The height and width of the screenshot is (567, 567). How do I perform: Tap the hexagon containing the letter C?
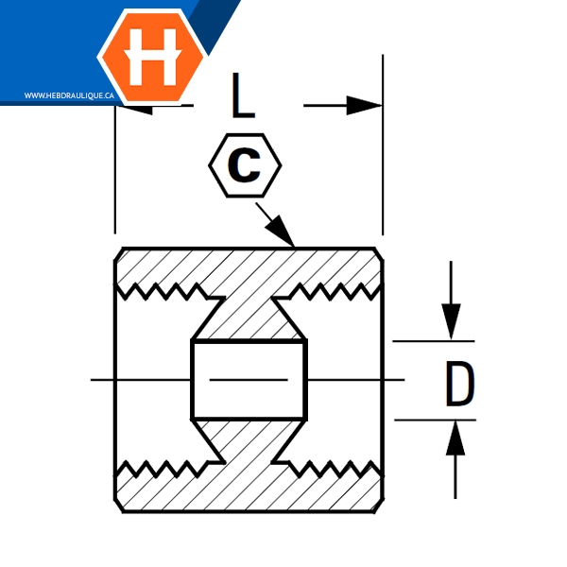(x=245, y=166)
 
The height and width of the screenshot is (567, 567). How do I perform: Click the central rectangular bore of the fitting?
(x=249, y=380)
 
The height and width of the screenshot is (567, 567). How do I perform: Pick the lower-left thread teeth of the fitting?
(x=161, y=468)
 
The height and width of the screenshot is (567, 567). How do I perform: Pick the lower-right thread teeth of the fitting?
(x=335, y=468)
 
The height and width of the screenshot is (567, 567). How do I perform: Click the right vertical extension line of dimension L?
(x=382, y=170)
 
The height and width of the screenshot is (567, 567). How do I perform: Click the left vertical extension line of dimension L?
(x=114, y=180)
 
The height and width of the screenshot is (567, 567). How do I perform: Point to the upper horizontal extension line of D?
(x=430, y=340)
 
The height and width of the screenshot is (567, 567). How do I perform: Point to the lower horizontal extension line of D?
(x=430, y=420)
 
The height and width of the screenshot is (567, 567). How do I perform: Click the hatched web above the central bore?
(x=249, y=312)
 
